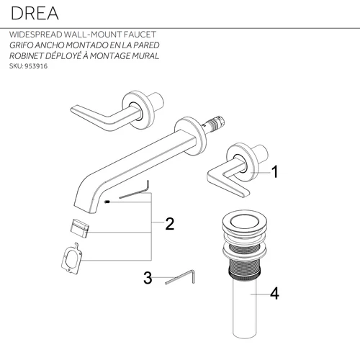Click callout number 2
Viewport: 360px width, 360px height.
pos(170,224)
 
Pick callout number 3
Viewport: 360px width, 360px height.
pos(148,278)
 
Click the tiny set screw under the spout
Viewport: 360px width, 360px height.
pos(107,203)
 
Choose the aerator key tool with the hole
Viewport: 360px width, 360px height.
pos(72,258)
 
